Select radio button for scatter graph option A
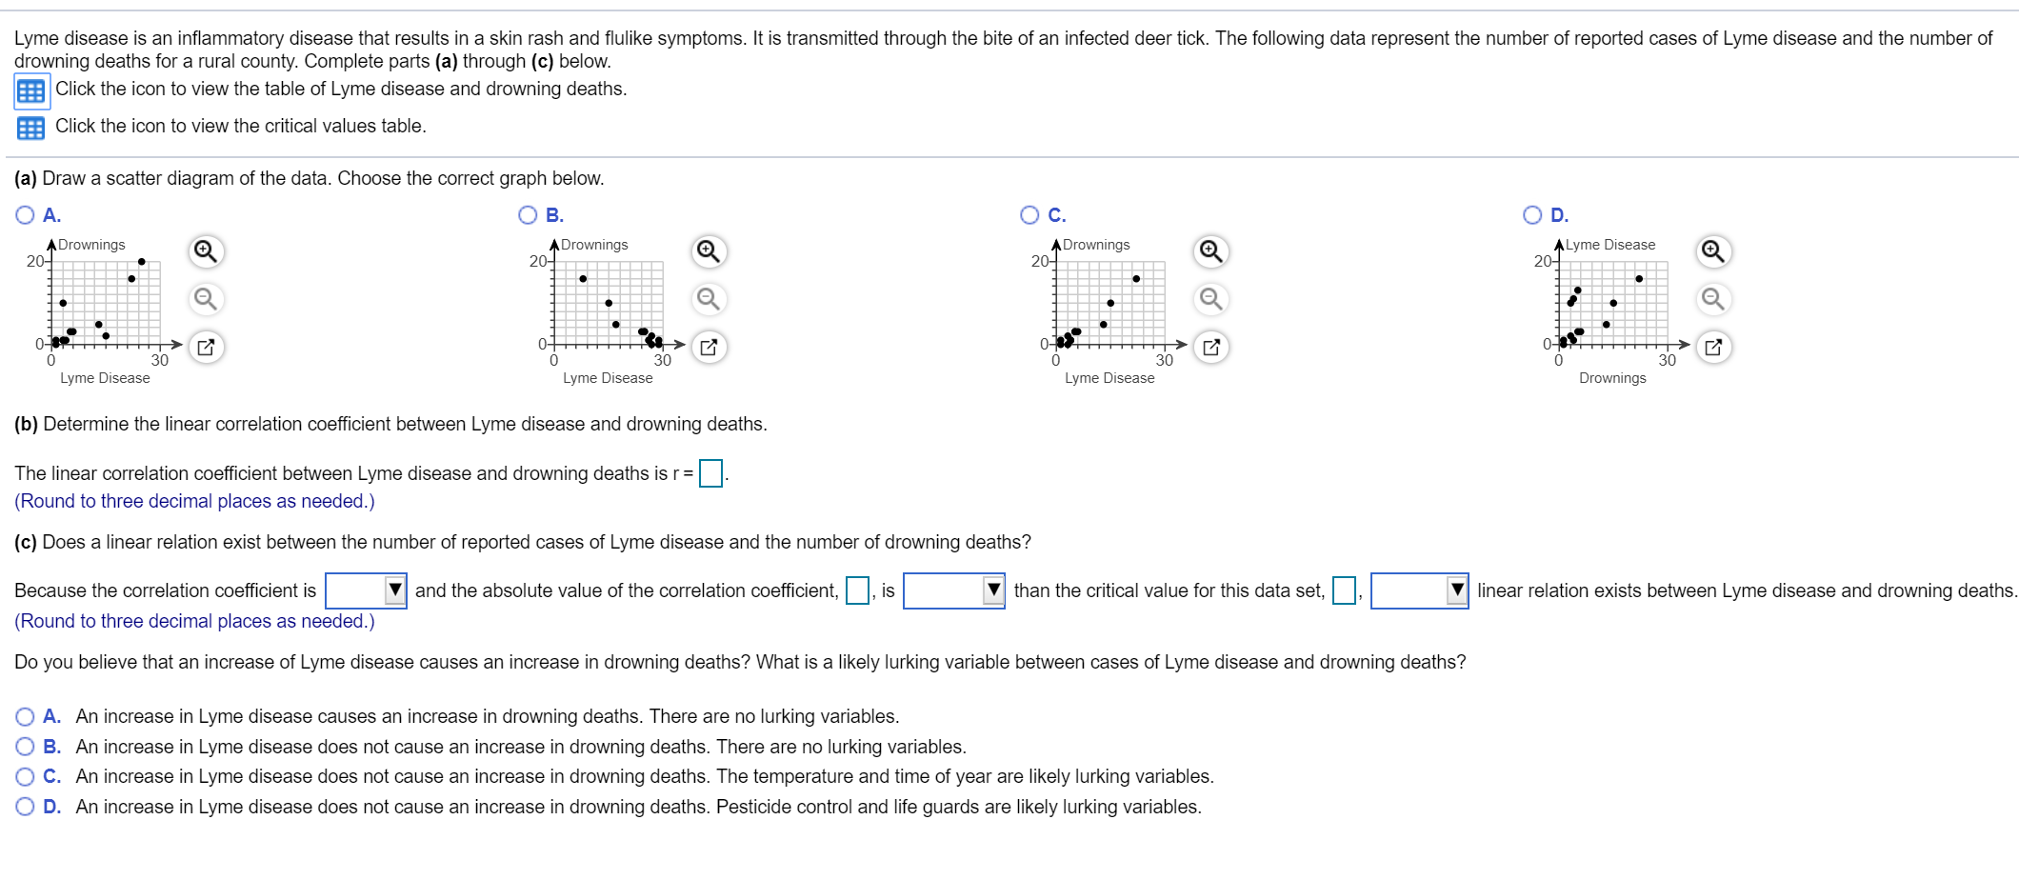[x=25, y=215]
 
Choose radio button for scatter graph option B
[x=528, y=215]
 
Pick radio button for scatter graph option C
[x=1029, y=215]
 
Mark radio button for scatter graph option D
[x=1532, y=215]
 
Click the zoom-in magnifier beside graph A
[x=206, y=251]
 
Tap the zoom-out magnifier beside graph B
[x=708, y=299]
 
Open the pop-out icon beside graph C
[x=1210, y=347]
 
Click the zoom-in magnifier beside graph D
[x=1712, y=251]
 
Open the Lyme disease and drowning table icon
[x=31, y=91]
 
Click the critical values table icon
[x=31, y=128]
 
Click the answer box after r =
[x=710, y=473]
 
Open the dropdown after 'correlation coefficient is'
[x=367, y=590]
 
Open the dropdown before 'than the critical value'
[x=953, y=590]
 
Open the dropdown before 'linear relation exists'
[x=1419, y=590]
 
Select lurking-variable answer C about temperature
[x=25, y=777]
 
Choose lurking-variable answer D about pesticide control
[x=25, y=808]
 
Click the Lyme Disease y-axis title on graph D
[x=1610, y=245]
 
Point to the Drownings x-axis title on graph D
[x=1612, y=378]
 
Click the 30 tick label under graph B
[x=662, y=360]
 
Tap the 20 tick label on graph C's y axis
[x=1039, y=261]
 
